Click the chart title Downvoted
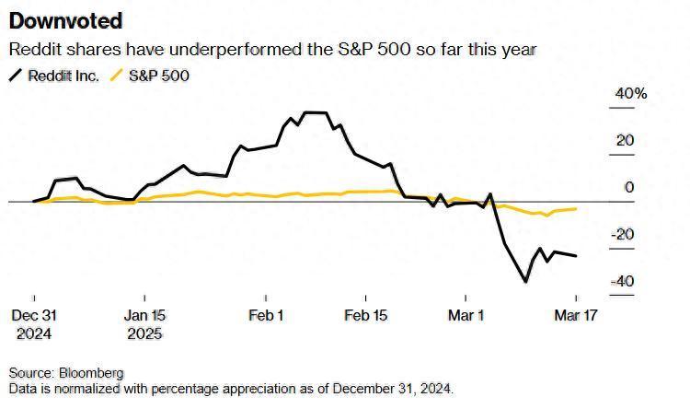click(x=64, y=21)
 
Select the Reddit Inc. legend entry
click(x=60, y=76)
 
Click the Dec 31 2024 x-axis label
click(x=34, y=324)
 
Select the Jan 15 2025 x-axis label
click(x=144, y=324)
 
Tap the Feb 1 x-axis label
click(x=266, y=316)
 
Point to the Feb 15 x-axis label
click(x=365, y=316)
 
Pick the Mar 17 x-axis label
click(x=576, y=316)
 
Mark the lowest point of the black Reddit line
click(x=526, y=282)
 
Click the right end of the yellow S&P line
click(x=576, y=209)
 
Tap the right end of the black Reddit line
click(x=576, y=256)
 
